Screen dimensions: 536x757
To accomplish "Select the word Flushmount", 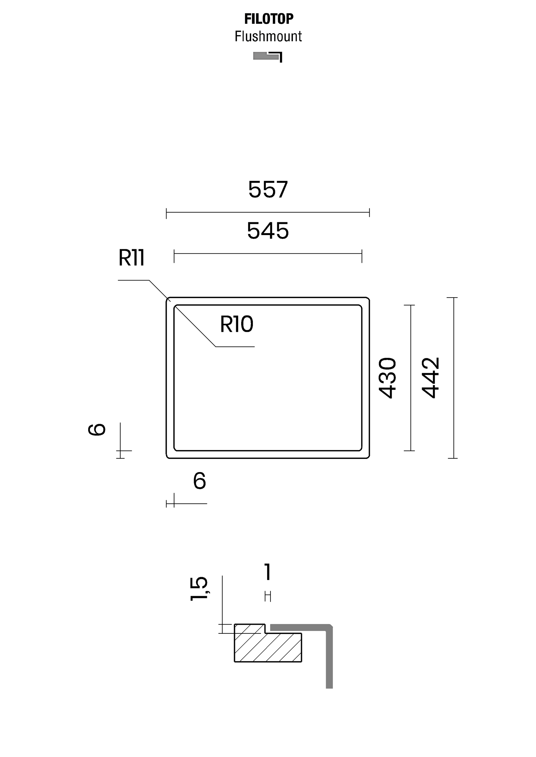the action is click(268, 36).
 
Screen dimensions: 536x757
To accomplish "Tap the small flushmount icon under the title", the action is click(268, 57).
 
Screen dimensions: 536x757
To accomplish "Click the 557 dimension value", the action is click(268, 190).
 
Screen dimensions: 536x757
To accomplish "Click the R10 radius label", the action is click(237, 324).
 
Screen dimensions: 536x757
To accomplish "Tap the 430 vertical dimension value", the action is click(387, 378).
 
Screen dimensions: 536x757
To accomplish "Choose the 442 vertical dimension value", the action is click(431, 378).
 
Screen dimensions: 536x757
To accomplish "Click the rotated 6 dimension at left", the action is click(97, 430).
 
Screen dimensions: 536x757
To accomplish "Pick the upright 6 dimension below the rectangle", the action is click(199, 480).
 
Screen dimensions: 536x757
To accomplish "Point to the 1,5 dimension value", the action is click(199, 589).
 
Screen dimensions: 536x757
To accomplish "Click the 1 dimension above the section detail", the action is click(268, 572).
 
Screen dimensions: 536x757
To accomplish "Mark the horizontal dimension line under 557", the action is click(268, 213).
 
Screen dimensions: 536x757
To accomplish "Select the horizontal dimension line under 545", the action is click(268, 253).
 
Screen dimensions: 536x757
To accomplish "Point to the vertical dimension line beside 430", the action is click(411, 378).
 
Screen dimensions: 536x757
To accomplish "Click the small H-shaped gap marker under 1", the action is click(268, 596).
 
